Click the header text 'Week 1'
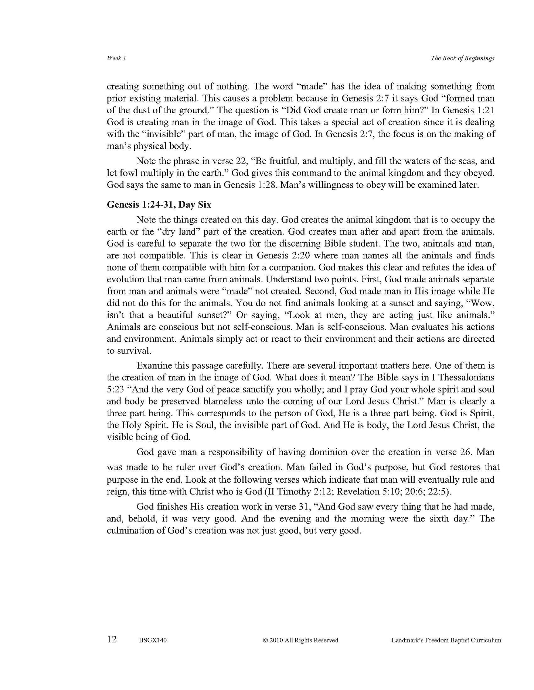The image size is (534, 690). (x=116, y=58)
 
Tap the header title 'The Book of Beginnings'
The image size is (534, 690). (x=462, y=58)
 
